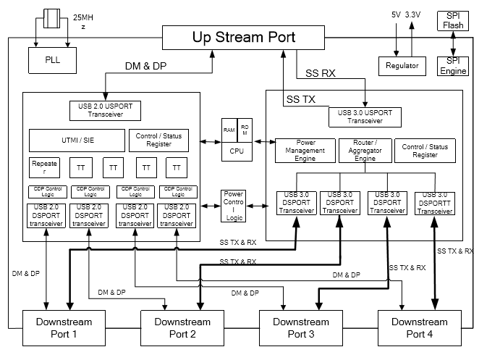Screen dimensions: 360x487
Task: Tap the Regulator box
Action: pos(398,65)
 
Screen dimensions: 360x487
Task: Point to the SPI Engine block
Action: pos(454,65)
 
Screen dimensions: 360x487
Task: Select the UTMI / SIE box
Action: pos(75,141)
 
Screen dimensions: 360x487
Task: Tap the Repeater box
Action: pos(44,168)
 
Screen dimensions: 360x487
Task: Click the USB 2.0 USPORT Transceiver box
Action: pos(106,111)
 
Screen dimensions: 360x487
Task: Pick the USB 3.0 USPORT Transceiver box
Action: pos(364,116)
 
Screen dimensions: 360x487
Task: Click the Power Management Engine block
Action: pos(305,150)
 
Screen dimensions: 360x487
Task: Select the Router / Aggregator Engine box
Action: pos(364,150)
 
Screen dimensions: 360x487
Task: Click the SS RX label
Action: pos(321,72)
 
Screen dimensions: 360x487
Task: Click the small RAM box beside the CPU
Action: pos(229,128)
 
